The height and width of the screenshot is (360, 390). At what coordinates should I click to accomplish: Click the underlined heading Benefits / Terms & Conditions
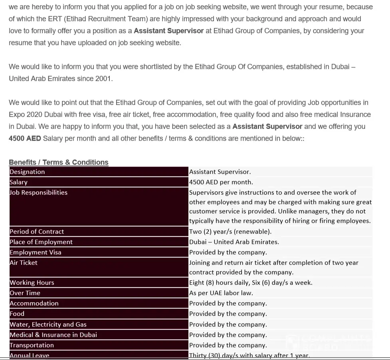[x=59, y=162]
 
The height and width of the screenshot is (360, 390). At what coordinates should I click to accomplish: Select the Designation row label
[x=27, y=172]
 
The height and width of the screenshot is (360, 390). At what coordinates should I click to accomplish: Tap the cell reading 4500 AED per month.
[x=221, y=182]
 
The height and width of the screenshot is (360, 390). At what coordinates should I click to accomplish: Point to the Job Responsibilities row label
[x=38, y=193]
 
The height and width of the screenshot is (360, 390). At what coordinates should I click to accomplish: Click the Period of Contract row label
[x=37, y=232]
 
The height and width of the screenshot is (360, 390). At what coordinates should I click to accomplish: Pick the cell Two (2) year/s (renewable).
[x=230, y=232]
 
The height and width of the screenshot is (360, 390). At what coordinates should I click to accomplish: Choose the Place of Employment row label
[x=41, y=242]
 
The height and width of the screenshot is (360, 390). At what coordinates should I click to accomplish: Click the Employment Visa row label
[x=36, y=252]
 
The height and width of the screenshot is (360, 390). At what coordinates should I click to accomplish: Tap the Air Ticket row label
[x=24, y=263]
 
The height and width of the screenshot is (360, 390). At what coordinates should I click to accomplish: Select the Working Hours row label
[x=32, y=283]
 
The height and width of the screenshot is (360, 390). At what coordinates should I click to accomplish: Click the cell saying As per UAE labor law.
[x=221, y=293]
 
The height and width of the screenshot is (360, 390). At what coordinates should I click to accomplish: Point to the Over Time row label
[x=25, y=293]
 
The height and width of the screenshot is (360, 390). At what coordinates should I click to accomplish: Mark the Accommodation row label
[x=34, y=303]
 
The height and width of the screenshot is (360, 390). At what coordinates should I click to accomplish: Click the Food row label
[x=17, y=314]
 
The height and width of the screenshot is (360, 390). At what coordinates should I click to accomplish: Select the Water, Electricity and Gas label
[x=48, y=325]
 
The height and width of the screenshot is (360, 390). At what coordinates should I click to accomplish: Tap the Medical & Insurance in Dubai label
[x=53, y=335]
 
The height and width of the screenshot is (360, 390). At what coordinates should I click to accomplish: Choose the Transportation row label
[x=32, y=345]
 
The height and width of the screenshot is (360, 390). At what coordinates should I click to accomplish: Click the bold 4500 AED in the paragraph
[x=25, y=138]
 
